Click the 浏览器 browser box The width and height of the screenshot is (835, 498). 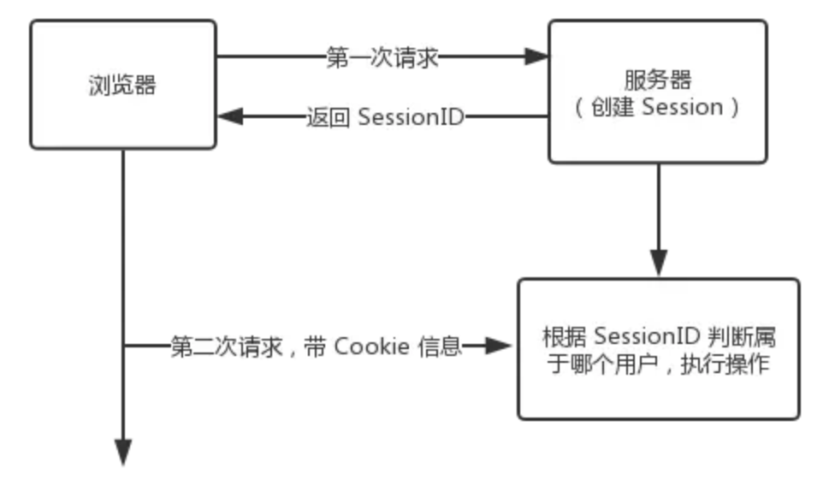124,84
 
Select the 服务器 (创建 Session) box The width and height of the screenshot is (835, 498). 657,92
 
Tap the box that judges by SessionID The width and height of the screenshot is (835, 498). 658,348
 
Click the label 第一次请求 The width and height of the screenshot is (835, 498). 382,58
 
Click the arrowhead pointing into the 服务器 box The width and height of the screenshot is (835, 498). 536,58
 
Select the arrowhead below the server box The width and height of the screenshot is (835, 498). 658,262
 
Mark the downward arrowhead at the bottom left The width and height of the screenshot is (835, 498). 124,451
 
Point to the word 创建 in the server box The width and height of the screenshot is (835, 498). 617,109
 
